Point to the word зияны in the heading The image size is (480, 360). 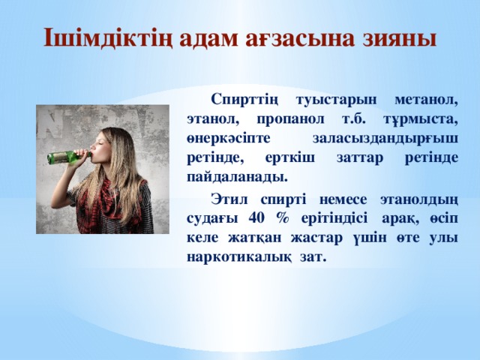click(x=400, y=38)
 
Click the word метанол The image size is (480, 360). click(x=427, y=100)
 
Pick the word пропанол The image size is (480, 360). click(x=290, y=118)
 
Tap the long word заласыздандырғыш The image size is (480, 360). click(x=385, y=139)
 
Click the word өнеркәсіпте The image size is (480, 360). click(x=229, y=139)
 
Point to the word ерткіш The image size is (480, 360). click(x=290, y=158)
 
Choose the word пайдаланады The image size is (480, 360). click(x=237, y=178)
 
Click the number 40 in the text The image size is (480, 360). click(x=256, y=218)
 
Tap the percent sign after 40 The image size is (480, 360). click(x=282, y=218)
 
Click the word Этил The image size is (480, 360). click(x=229, y=199)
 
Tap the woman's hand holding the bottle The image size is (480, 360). click(x=80, y=155)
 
